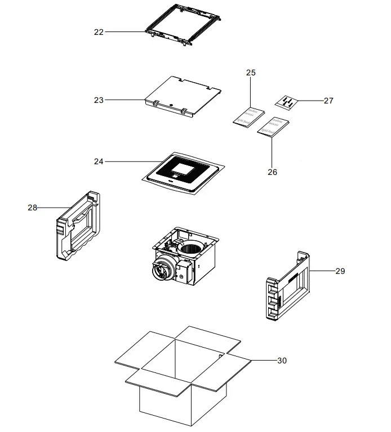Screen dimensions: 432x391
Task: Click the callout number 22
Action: (x=99, y=32)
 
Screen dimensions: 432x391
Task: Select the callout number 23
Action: (x=99, y=100)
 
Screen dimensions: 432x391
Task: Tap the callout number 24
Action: (x=99, y=161)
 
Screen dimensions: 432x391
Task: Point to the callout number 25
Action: (x=251, y=73)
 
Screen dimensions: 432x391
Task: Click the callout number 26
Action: (x=272, y=172)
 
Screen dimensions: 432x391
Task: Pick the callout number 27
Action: (x=328, y=101)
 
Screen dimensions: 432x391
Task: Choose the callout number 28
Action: (x=32, y=208)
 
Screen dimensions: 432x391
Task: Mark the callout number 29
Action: (x=340, y=271)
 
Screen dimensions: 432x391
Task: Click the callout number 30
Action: (x=282, y=360)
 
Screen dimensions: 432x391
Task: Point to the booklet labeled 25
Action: (x=249, y=115)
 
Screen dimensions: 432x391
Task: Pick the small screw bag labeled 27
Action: (x=286, y=102)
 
